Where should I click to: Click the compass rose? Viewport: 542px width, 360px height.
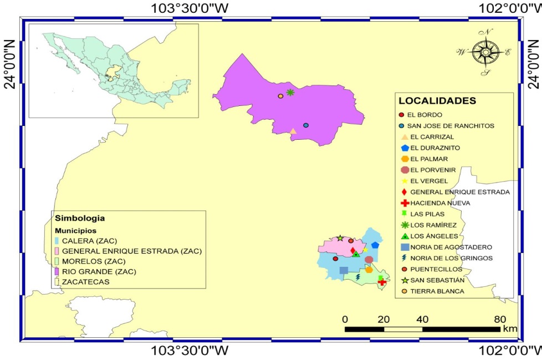(x=485, y=52)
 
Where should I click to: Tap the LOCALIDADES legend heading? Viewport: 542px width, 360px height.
(x=437, y=101)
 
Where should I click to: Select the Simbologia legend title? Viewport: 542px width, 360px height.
(x=79, y=219)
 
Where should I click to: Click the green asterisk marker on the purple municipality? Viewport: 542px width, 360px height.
(x=290, y=92)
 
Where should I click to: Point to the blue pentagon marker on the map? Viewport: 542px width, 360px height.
(x=375, y=245)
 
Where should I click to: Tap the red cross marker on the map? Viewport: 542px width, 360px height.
(x=381, y=282)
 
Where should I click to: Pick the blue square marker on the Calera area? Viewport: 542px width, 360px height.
(x=344, y=270)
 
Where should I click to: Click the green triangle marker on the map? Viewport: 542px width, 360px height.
(x=356, y=254)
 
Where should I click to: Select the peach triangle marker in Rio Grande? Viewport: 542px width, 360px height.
(x=293, y=131)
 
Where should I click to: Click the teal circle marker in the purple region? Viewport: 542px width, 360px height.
(x=305, y=125)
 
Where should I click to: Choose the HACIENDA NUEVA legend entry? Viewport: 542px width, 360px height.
(x=438, y=203)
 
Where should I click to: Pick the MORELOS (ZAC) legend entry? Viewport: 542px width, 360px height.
(x=94, y=261)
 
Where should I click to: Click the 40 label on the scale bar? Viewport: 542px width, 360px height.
(x=422, y=319)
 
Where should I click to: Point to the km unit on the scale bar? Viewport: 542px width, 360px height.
(x=509, y=329)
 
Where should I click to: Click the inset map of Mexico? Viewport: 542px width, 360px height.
(x=114, y=71)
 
